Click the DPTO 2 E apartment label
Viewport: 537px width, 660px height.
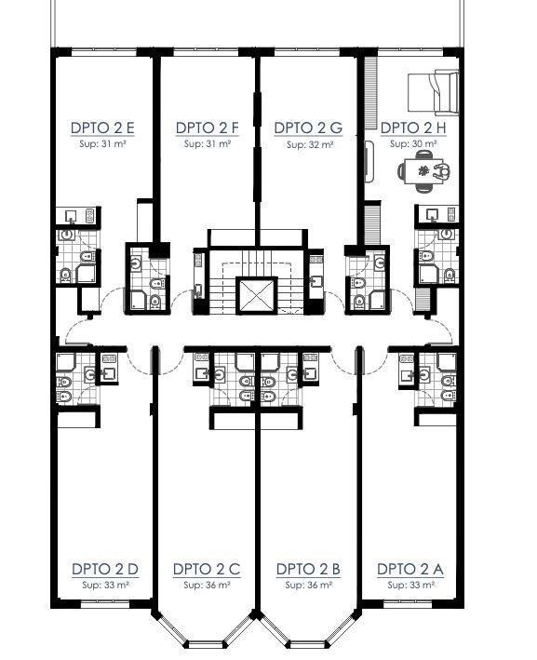(102, 128)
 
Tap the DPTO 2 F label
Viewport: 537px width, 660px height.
(207, 128)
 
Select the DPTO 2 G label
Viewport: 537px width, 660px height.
(308, 128)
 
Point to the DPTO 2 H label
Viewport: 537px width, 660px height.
(413, 128)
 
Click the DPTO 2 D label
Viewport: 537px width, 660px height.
(105, 569)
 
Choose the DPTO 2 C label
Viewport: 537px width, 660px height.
(207, 569)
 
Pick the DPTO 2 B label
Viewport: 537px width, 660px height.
(308, 569)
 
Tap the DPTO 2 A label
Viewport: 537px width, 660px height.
(409, 569)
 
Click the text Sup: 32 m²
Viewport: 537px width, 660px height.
(310, 145)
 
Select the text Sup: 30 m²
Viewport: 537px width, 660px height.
(413, 144)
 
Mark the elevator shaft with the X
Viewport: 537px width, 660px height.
(256, 295)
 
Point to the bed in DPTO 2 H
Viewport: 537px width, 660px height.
(433, 92)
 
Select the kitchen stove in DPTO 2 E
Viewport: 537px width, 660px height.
(90, 216)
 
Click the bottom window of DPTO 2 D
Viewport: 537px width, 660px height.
(105, 604)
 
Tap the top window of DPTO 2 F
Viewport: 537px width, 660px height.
(206, 52)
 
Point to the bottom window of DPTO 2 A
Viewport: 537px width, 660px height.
(409, 604)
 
